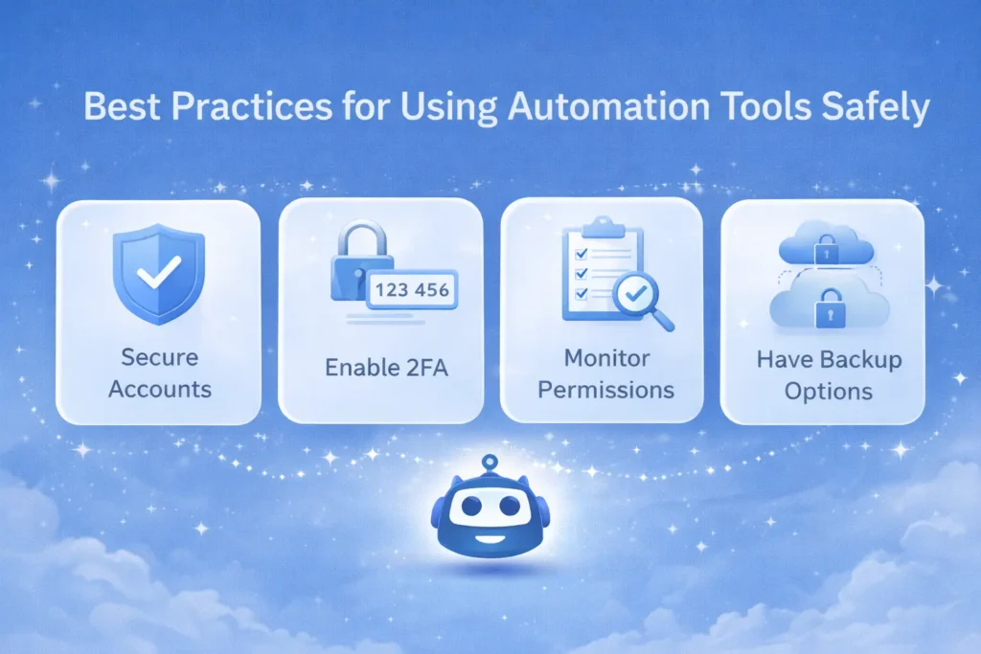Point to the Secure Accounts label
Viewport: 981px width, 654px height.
(x=159, y=373)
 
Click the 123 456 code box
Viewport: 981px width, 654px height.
(x=412, y=288)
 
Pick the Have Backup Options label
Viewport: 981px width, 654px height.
(x=828, y=375)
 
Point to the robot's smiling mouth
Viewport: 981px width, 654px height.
(x=490, y=537)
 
